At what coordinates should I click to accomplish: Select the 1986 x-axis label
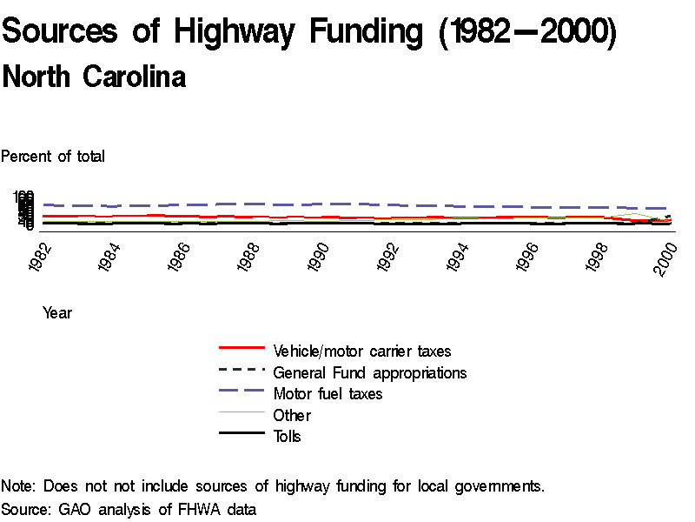click(x=182, y=256)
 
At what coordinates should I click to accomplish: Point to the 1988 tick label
click(x=251, y=256)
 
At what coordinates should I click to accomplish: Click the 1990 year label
click(x=321, y=256)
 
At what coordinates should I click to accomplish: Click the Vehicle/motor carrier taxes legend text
click(x=362, y=351)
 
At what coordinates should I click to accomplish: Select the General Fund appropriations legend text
click(x=370, y=373)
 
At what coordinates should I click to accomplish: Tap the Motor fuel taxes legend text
click(x=328, y=394)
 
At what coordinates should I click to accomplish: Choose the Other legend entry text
click(x=292, y=416)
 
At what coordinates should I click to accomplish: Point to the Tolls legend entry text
click(x=288, y=437)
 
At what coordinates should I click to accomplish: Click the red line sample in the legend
click(x=241, y=347)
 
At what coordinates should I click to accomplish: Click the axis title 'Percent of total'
click(x=53, y=157)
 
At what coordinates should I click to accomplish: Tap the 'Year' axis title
click(x=57, y=313)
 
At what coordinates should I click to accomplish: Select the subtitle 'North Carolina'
click(x=94, y=77)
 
